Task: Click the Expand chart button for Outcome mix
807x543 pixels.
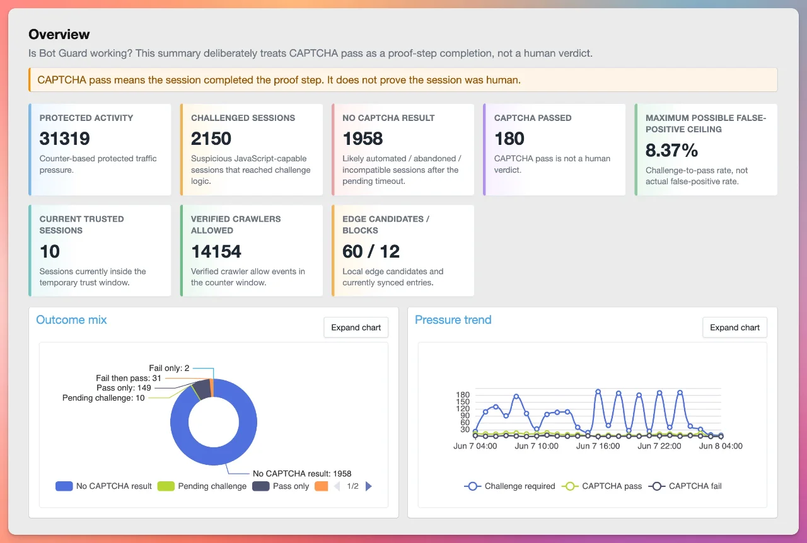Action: coord(356,328)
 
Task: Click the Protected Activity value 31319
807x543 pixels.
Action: coord(64,139)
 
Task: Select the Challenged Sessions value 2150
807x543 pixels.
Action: coord(211,139)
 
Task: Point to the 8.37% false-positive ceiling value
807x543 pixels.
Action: coord(671,150)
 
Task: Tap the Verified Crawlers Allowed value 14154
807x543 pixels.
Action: coord(216,251)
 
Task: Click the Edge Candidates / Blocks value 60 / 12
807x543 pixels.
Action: coord(371,251)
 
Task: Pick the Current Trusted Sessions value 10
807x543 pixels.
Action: coord(50,251)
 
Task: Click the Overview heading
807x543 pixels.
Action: coord(59,34)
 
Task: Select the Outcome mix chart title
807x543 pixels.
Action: coord(71,320)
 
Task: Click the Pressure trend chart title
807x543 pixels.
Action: coord(453,320)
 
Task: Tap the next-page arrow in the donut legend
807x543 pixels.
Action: coord(369,486)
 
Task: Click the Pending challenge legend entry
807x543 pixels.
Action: coord(202,486)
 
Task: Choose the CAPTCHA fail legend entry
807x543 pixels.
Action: coord(685,486)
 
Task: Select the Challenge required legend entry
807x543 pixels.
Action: coord(510,486)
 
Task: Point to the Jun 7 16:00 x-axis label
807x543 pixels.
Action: coord(598,446)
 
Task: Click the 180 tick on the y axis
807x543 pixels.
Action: coord(463,394)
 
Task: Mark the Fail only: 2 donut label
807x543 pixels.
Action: coord(169,368)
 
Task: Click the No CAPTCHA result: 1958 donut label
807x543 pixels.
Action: coord(302,474)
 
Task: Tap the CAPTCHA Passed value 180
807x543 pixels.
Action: coord(509,139)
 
